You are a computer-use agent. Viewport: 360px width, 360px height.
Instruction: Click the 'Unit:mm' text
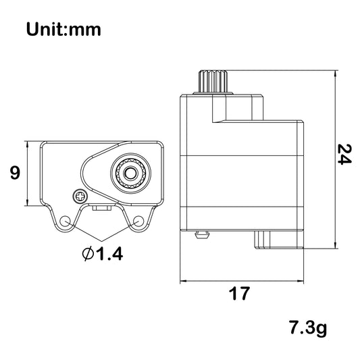click(x=63, y=30)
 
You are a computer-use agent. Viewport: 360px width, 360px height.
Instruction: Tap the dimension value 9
click(x=15, y=173)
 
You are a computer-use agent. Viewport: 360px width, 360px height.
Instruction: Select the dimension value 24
click(x=344, y=154)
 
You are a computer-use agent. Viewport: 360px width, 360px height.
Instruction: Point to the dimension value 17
click(x=239, y=293)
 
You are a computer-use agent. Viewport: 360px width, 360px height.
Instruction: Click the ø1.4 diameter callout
click(x=103, y=254)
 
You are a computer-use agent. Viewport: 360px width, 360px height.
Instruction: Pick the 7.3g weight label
click(x=308, y=328)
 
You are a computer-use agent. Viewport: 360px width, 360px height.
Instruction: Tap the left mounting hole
click(x=65, y=221)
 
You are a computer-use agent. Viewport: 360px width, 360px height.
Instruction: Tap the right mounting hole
click(x=138, y=221)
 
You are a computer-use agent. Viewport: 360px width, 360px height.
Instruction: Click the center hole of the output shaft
click(x=130, y=174)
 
